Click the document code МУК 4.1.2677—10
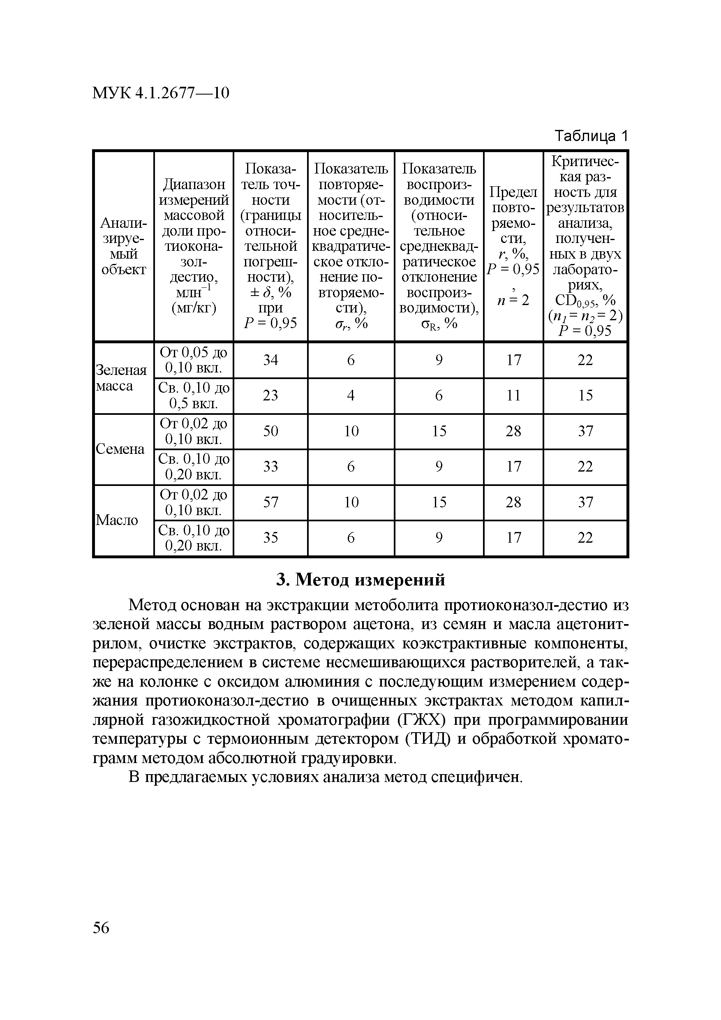click(x=161, y=93)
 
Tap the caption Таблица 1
click(x=591, y=136)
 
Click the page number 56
click(x=101, y=927)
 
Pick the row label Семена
click(x=120, y=449)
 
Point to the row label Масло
click(x=117, y=520)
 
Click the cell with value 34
click(x=270, y=360)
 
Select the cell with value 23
click(x=270, y=396)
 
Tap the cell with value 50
click(x=270, y=431)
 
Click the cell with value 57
click(x=270, y=502)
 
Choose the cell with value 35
click(x=270, y=537)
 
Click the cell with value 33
click(x=270, y=467)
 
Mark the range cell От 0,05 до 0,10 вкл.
click(x=194, y=360)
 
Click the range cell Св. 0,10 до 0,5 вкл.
click(x=194, y=396)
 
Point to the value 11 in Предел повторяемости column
click(x=513, y=396)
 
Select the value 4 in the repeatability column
click(x=351, y=396)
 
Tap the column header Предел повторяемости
click(x=513, y=246)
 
